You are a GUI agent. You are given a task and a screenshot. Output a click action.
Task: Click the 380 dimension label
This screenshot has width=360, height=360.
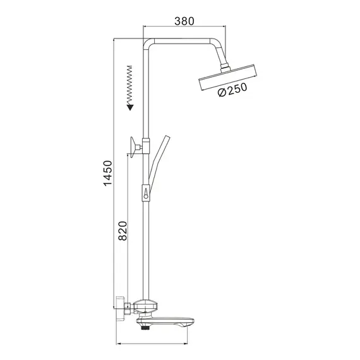tap(184, 21)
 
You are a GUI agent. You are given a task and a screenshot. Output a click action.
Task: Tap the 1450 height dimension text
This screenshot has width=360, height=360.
tap(107, 173)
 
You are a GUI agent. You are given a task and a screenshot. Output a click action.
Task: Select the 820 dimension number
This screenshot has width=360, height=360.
tap(123, 231)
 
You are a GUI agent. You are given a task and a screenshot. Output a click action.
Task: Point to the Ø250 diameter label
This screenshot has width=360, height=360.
tap(233, 90)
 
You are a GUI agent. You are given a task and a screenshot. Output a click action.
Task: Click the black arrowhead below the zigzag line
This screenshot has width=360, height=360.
tap(130, 107)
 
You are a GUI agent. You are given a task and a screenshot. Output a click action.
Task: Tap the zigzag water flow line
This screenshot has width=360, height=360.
tap(129, 85)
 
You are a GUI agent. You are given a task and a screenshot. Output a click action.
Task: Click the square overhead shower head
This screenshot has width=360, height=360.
tap(227, 78)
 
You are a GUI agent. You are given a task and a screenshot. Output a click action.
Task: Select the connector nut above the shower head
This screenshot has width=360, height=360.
tap(225, 66)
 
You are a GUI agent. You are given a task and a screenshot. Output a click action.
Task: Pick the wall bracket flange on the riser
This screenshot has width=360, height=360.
tap(133, 147)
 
